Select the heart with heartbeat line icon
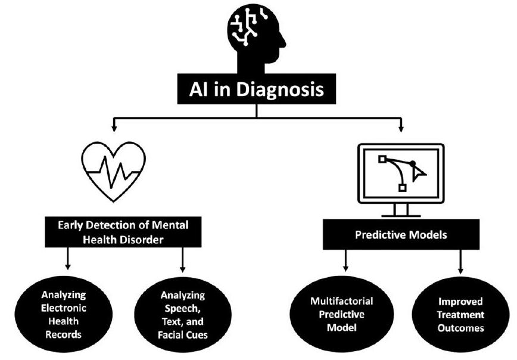(x=113, y=170)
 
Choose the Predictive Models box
(x=401, y=234)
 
